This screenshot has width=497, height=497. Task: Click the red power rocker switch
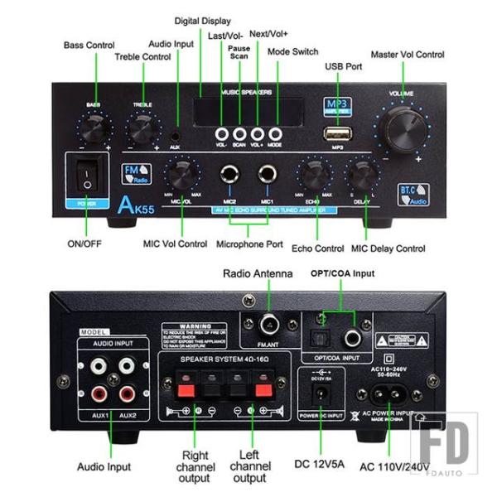86,174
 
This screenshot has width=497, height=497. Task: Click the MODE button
275,133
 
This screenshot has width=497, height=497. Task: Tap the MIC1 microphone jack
267,176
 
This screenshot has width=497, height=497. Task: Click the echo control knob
313,175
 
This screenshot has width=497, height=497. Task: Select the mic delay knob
362,175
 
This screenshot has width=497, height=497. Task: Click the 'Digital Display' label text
203,20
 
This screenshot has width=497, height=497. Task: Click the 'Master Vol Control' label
407,55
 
